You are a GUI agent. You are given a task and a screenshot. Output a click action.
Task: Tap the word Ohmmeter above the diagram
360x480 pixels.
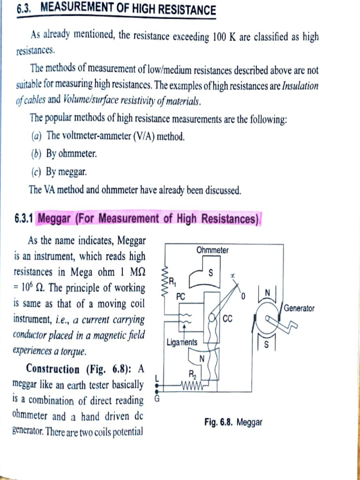212,250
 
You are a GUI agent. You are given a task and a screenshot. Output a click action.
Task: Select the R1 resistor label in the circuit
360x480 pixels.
172,282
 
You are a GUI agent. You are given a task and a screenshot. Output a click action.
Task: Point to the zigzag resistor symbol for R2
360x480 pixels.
192,387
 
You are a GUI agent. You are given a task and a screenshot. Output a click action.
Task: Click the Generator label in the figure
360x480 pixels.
299,308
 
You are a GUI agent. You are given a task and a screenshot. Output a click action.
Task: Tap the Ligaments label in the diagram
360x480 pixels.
182,343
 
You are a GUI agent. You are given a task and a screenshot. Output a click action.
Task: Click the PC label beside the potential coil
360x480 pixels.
181,296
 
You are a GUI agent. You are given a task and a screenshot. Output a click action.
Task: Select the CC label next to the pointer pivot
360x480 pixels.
228,319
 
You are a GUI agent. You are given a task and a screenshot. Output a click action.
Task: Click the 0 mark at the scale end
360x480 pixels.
243,297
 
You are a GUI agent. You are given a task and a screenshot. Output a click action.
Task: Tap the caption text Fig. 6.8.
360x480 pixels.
219,422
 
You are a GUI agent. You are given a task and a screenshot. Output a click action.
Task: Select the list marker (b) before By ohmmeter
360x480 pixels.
37,154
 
